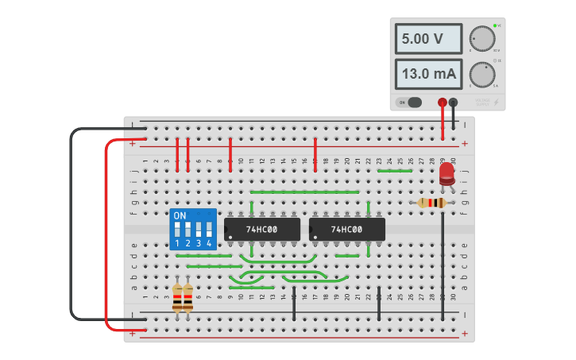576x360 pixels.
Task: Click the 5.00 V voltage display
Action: click(428, 38)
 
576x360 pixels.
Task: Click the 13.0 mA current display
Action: click(428, 74)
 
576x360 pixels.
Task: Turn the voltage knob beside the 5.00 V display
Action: click(481, 38)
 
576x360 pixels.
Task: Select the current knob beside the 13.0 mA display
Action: click(481, 74)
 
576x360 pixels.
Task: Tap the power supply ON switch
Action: click(412, 102)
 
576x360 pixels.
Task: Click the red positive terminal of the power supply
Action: click(443, 102)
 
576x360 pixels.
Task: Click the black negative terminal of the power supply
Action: click(453, 102)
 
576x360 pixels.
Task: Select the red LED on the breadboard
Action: click(447, 174)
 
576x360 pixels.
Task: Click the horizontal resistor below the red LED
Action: click(431, 203)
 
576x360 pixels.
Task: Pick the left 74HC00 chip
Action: click(261, 230)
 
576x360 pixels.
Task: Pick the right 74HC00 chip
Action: click(346, 230)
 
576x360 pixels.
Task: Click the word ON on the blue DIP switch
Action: click(180, 215)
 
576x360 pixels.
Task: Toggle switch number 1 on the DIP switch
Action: click(178, 230)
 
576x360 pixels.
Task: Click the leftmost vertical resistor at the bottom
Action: click(177, 298)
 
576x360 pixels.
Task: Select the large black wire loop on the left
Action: click(71, 223)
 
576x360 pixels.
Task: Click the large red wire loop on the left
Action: click(106, 238)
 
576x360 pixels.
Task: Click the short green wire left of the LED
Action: click(394, 170)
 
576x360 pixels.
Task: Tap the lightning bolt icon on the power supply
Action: click(497, 102)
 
